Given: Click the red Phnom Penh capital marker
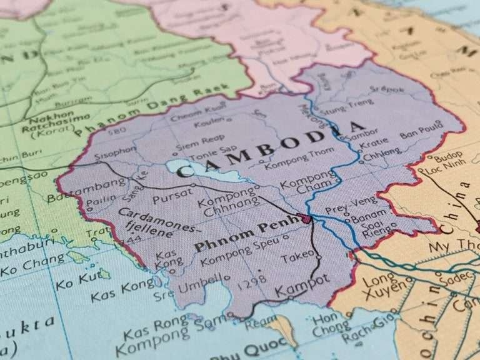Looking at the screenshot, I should (x=306, y=219).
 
